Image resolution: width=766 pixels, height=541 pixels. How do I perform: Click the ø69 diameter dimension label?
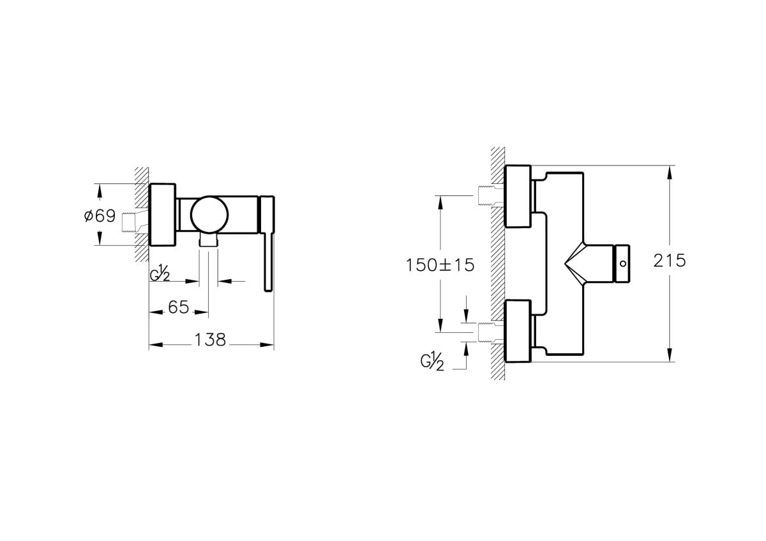[100, 216]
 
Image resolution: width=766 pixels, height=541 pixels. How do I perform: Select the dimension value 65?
[179, 307]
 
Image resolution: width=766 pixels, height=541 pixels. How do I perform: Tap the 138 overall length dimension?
[210, 340]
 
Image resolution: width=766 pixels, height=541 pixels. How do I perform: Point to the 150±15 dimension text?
[440, 265]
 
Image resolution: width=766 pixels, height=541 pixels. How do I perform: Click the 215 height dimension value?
[669, 261]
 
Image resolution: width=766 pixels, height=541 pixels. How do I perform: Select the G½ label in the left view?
[160, 275]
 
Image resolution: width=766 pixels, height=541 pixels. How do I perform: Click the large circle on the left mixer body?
[209, 215]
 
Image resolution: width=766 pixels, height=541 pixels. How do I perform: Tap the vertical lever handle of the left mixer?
[267, 243]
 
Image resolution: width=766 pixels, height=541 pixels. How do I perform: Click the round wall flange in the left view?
[162, 215]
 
